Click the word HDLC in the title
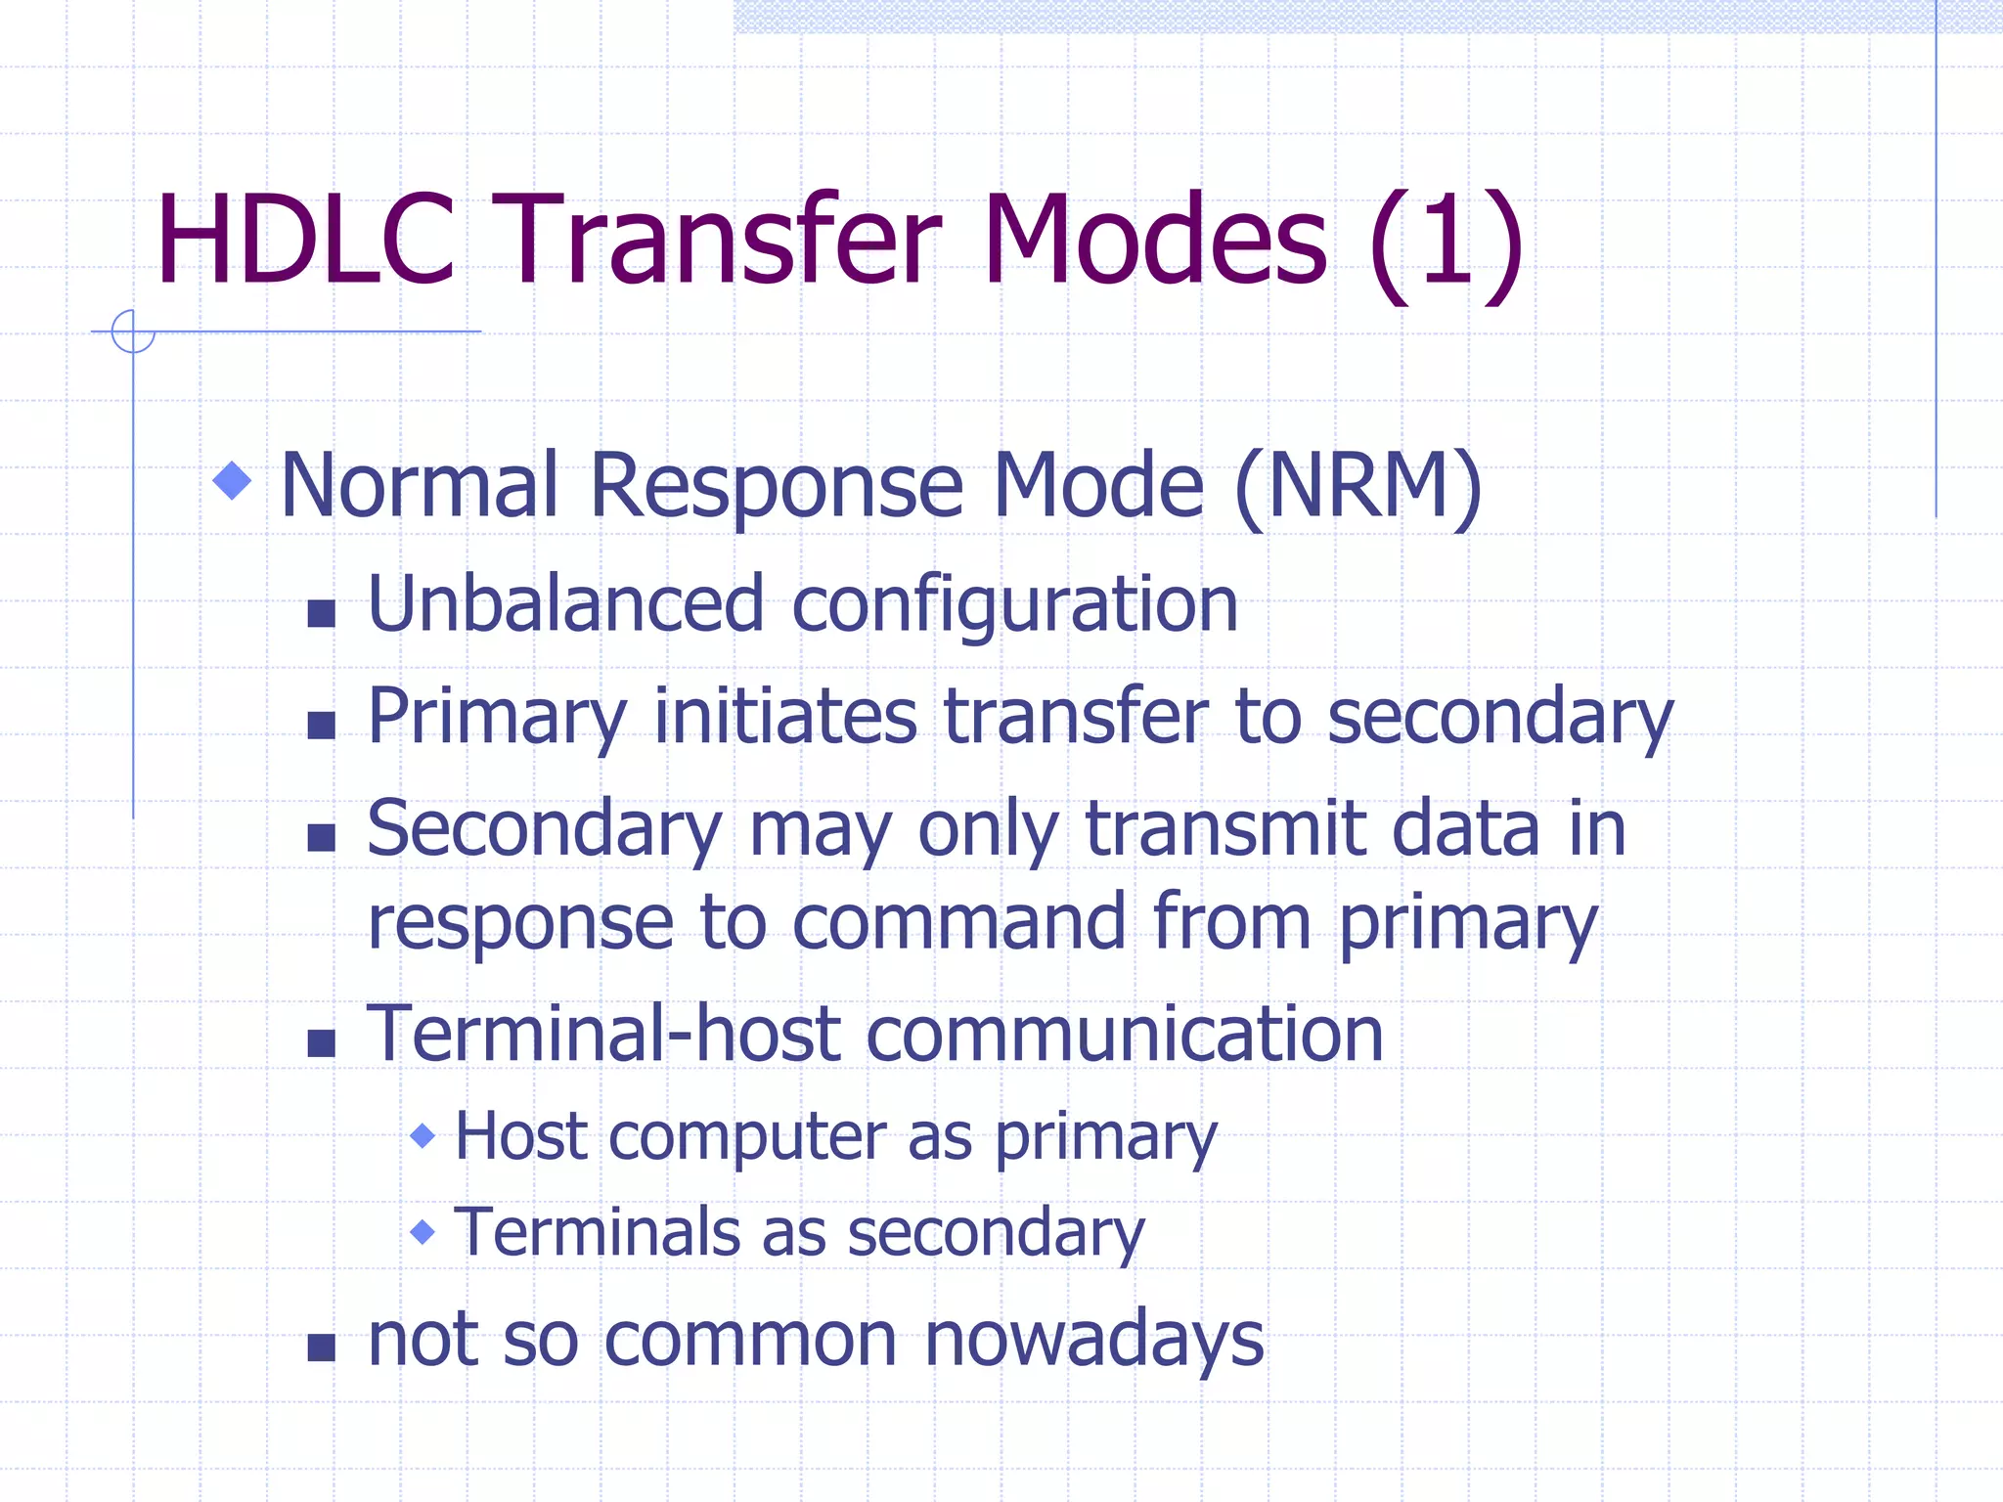(x=305, y=241)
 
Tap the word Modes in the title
(x=1154, y=241)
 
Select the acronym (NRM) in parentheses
(x=1358, y=486)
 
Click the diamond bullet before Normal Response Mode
(x=233, y=480)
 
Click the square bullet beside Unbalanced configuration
(x=321, y=613)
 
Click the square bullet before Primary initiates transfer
(x=321, y=725)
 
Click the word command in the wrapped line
(x=958, y=922)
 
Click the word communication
(x=1125, y=1034)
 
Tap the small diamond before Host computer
(x=423, y=1135)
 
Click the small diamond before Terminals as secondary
(x=423, y=1231)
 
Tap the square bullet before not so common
(x=321, y=1347)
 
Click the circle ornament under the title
(x=133, y=331)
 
